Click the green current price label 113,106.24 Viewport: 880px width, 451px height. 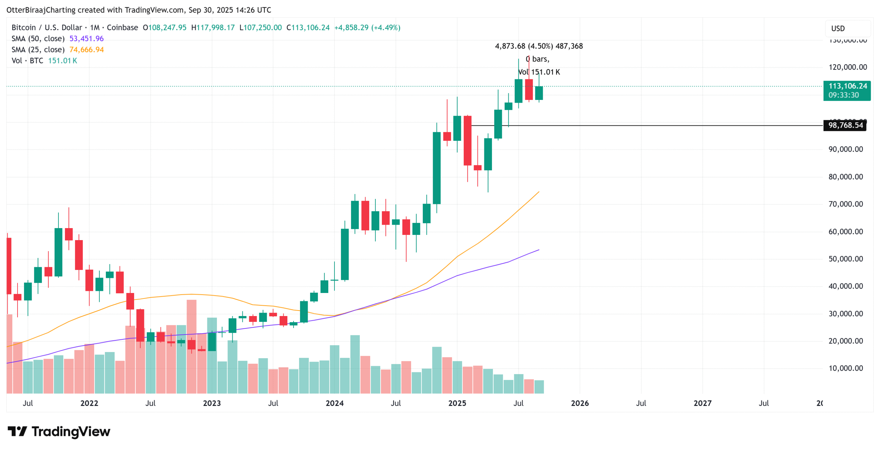click(x=847, y=86)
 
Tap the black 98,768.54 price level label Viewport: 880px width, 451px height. click(x=845, y=125)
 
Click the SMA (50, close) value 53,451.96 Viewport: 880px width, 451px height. click(x=86, y=38)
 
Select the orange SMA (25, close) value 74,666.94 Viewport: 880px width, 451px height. click(x=86, y=49)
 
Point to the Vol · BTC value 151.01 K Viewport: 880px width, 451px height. click(x=62, y=60)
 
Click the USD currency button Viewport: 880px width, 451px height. click(x=838, y=29)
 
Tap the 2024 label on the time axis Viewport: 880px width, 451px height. click(x=334, y=403)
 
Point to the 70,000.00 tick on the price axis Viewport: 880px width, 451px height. click(x=845, y=204)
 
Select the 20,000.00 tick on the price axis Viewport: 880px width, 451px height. click(x=845, y=341)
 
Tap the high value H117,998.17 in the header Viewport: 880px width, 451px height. click(x=213, y=27)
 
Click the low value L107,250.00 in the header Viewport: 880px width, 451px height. click(x=260, y=27)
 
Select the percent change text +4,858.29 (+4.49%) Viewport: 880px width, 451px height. click(x=367, y=27)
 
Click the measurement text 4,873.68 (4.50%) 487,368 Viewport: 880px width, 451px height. click(x=538, y=46)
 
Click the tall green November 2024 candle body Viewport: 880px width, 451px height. click(x=436, y=168)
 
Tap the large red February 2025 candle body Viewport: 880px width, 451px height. click(x=467, y=141)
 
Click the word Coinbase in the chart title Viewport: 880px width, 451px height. click(x=122, y=27)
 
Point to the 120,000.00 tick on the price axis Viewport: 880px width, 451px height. click(x=847, y=67)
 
